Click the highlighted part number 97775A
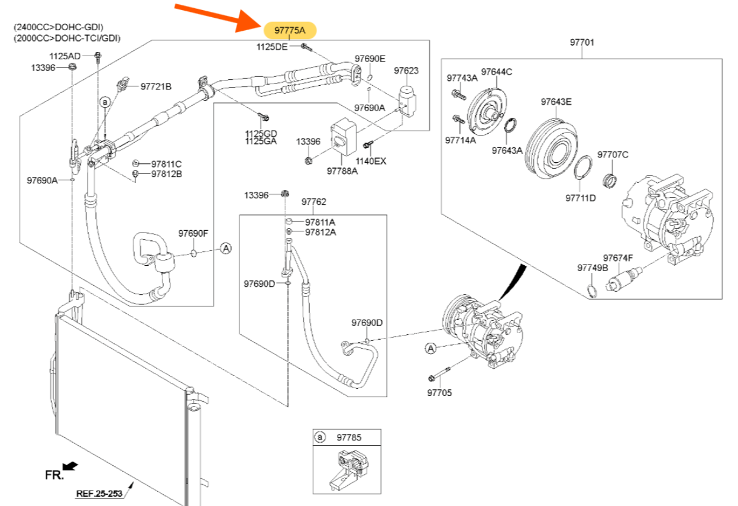point(290,30)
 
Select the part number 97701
point(582,43)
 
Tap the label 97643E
point(556,101)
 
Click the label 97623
point(406,71)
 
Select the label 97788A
point(342,171)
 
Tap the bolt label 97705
point(439,392)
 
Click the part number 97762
point(313,202)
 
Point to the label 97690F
point(193,233)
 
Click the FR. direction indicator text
point(54,475)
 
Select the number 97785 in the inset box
point(349,437)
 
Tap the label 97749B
point(593,268)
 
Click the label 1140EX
point(371,161)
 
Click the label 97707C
point(613,155)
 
